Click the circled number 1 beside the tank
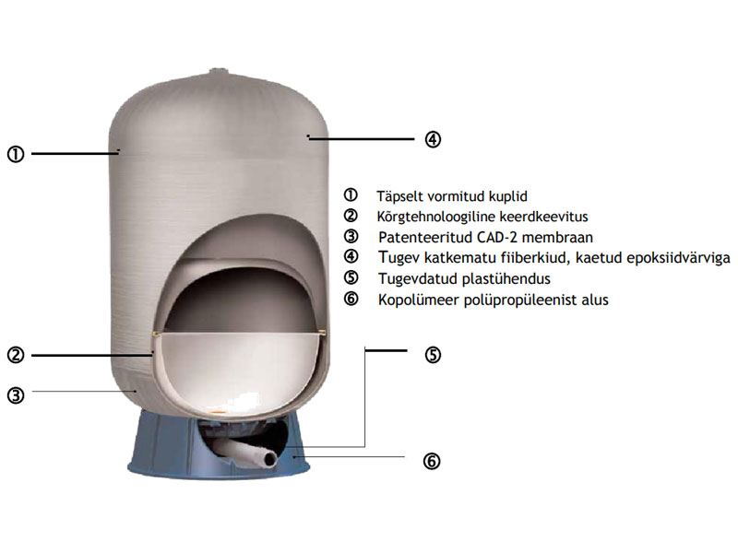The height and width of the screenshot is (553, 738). pyautogui.click(x=16, y=154)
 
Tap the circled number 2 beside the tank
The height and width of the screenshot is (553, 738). pyautogui.click(x=16, y=355)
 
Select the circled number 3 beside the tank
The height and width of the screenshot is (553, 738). pyautogui.click(x=16, y=395)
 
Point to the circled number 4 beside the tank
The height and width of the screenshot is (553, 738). pyautogui.click(x=433, y=139)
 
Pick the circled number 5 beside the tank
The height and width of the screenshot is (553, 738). pyautogui.click(x=433, y=355)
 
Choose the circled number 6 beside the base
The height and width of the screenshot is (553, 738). pyautogui.click(x=432, y=462)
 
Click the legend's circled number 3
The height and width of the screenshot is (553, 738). pyautogui.click(x=351, y=237)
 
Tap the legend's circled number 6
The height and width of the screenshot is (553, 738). pyautogui.click(x=351, y=299)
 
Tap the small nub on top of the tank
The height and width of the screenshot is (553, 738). pyautogui.click(x=218, y=71)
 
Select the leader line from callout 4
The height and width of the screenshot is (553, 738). pyautogui.click(x=361, y=139)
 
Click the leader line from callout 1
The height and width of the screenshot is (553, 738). pyautogui.click(x=75, y=153)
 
